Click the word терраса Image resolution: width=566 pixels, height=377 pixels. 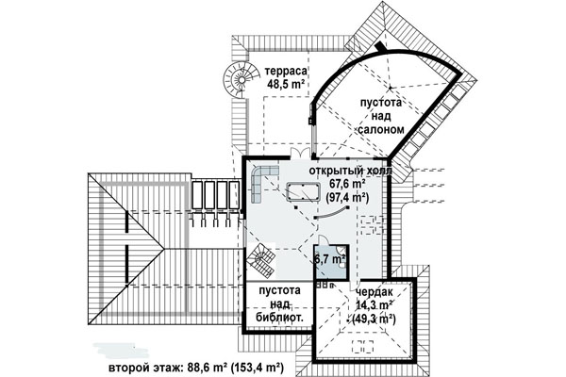[x=286, y=71]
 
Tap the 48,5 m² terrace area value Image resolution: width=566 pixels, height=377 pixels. [x=285, y=84]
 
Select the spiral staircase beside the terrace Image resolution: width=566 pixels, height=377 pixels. [x=241, y=79]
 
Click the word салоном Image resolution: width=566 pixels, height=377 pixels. [x=381, y=129]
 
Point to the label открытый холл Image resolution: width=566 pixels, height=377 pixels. [x=351, y=171]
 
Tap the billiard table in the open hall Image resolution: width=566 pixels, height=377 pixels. [x=303, y=191]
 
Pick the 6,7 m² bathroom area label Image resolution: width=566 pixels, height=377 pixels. [x=329, y=258]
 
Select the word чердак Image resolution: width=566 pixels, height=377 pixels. [x=375, y=293]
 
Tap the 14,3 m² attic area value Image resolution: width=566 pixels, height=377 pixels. [x=375, y=305]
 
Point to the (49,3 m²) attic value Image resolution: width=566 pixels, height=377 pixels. [x=375, y=319]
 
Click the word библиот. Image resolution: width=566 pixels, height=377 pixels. [x=279, y=318]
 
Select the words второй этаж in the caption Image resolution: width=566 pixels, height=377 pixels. [x=146, y=368]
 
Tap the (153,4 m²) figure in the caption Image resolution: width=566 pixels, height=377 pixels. [x=257, y=368]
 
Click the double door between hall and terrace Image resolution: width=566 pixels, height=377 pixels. [x=300, y=153]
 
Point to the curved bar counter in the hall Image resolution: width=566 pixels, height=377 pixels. [x=331, y=214]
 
